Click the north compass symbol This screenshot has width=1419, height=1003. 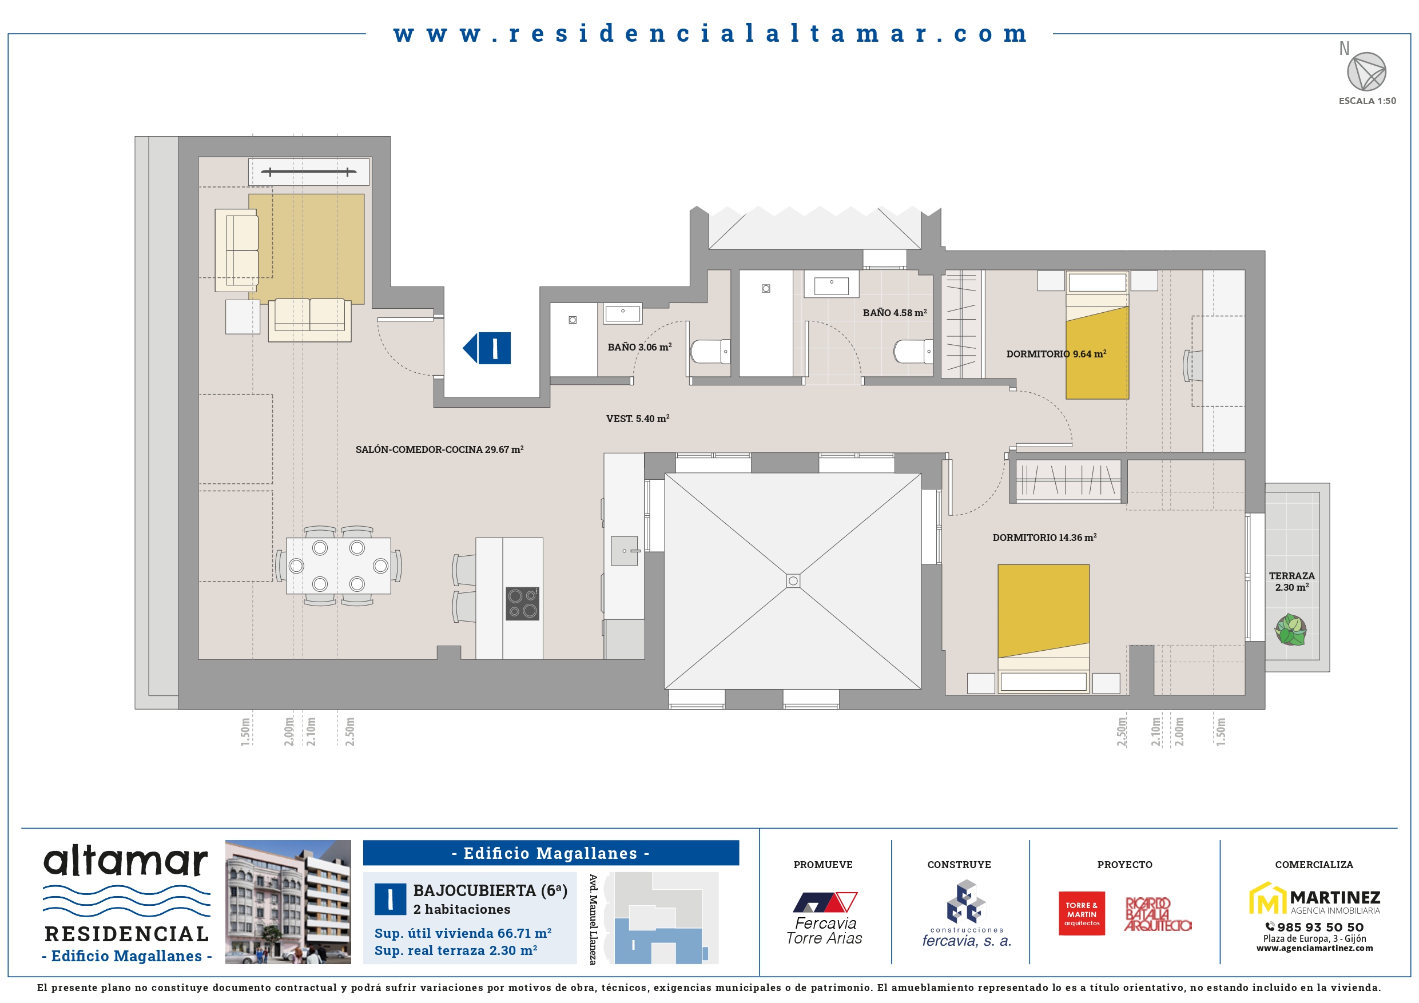coord(1366,71)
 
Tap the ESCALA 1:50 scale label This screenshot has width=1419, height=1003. coord(1367,101)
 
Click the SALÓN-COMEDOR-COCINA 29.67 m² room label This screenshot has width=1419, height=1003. coord(439,449)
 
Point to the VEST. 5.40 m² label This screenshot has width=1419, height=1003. coord(638,419)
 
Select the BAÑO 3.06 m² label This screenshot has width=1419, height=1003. coord(639,347)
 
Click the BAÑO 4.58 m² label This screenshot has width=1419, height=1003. coord(895,313)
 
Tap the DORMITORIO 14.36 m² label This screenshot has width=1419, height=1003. coord(1044,538)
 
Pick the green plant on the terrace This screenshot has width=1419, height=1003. coord(1290,630)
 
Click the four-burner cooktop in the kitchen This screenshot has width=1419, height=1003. coord(522,603)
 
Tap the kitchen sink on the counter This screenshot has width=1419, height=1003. coord(624,551)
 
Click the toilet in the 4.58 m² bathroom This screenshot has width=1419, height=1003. coord(913,352)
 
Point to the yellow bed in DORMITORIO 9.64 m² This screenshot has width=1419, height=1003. coord(1097,336)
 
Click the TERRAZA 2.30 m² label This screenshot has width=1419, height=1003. coord(1291,582)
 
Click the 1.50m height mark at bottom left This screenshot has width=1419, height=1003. coord(245,732)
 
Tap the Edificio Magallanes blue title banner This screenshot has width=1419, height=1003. coord(551,853)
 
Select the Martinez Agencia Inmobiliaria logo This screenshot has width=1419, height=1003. coord(1314,898)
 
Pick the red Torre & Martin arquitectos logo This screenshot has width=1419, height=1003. coord(1082,913)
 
